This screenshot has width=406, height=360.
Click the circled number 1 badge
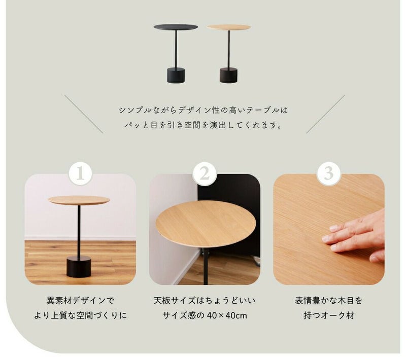[80, 173]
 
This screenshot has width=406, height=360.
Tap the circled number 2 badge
[205, 173]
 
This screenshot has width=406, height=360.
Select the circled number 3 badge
[328, 173]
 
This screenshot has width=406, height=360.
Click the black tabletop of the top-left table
[176, 27]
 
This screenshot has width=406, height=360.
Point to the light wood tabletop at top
[229, 27]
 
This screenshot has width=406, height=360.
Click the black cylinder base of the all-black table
[176, 75]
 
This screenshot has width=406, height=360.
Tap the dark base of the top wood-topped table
[228, 75]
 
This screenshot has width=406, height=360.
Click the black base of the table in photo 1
[79, 267]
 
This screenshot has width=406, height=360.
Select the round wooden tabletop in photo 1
[79, 200]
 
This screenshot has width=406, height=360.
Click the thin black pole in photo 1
[79, 231]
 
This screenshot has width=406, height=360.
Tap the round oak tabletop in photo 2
[206, 223]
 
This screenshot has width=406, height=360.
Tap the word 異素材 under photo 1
[59, 301]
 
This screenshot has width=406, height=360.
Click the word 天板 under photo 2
[162, 301]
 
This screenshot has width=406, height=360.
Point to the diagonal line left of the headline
[84, 114]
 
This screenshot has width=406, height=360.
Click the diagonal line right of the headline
[325, 114]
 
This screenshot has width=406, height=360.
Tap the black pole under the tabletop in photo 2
[206, 266]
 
